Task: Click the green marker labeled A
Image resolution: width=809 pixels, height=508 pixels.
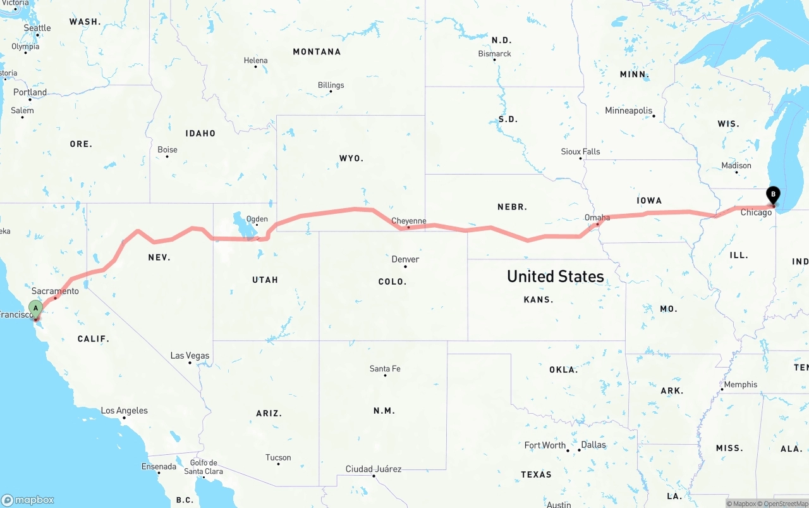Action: pos(35,309)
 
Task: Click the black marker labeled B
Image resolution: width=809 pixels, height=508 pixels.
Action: pos(772,195)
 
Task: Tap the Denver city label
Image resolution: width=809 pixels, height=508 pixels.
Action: pos(405,259)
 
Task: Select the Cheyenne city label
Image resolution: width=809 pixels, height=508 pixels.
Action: pos(409,221)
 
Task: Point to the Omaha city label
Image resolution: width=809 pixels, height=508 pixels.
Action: pos(597,218)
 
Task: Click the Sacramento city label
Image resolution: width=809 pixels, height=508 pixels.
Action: pos(55,291)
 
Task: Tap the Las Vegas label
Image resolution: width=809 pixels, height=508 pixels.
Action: pos(190,356)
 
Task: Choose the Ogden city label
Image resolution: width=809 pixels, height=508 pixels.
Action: pos(257,220)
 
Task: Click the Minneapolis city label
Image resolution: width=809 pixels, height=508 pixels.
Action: pos(628,111)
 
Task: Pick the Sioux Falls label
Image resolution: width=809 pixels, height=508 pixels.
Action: pos(580,152)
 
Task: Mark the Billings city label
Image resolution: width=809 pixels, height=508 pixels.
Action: pos(331,85)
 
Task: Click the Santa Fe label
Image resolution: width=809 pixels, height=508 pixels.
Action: pos(385,369)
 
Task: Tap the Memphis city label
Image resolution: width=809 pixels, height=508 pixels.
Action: pos(740,385)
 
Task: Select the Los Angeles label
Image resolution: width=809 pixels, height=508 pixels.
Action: pos(124,411)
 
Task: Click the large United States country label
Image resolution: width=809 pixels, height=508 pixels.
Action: pos(555,276)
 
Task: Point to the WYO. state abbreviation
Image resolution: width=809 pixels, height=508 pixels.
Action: pos(351,158)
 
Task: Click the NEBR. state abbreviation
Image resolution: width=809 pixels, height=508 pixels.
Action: pos(512,207)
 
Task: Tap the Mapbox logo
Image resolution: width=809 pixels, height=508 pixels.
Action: pos(28,500)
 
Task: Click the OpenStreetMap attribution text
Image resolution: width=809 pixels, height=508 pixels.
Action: pos(785,504)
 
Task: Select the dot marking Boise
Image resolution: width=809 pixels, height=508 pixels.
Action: pos(167,156)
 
